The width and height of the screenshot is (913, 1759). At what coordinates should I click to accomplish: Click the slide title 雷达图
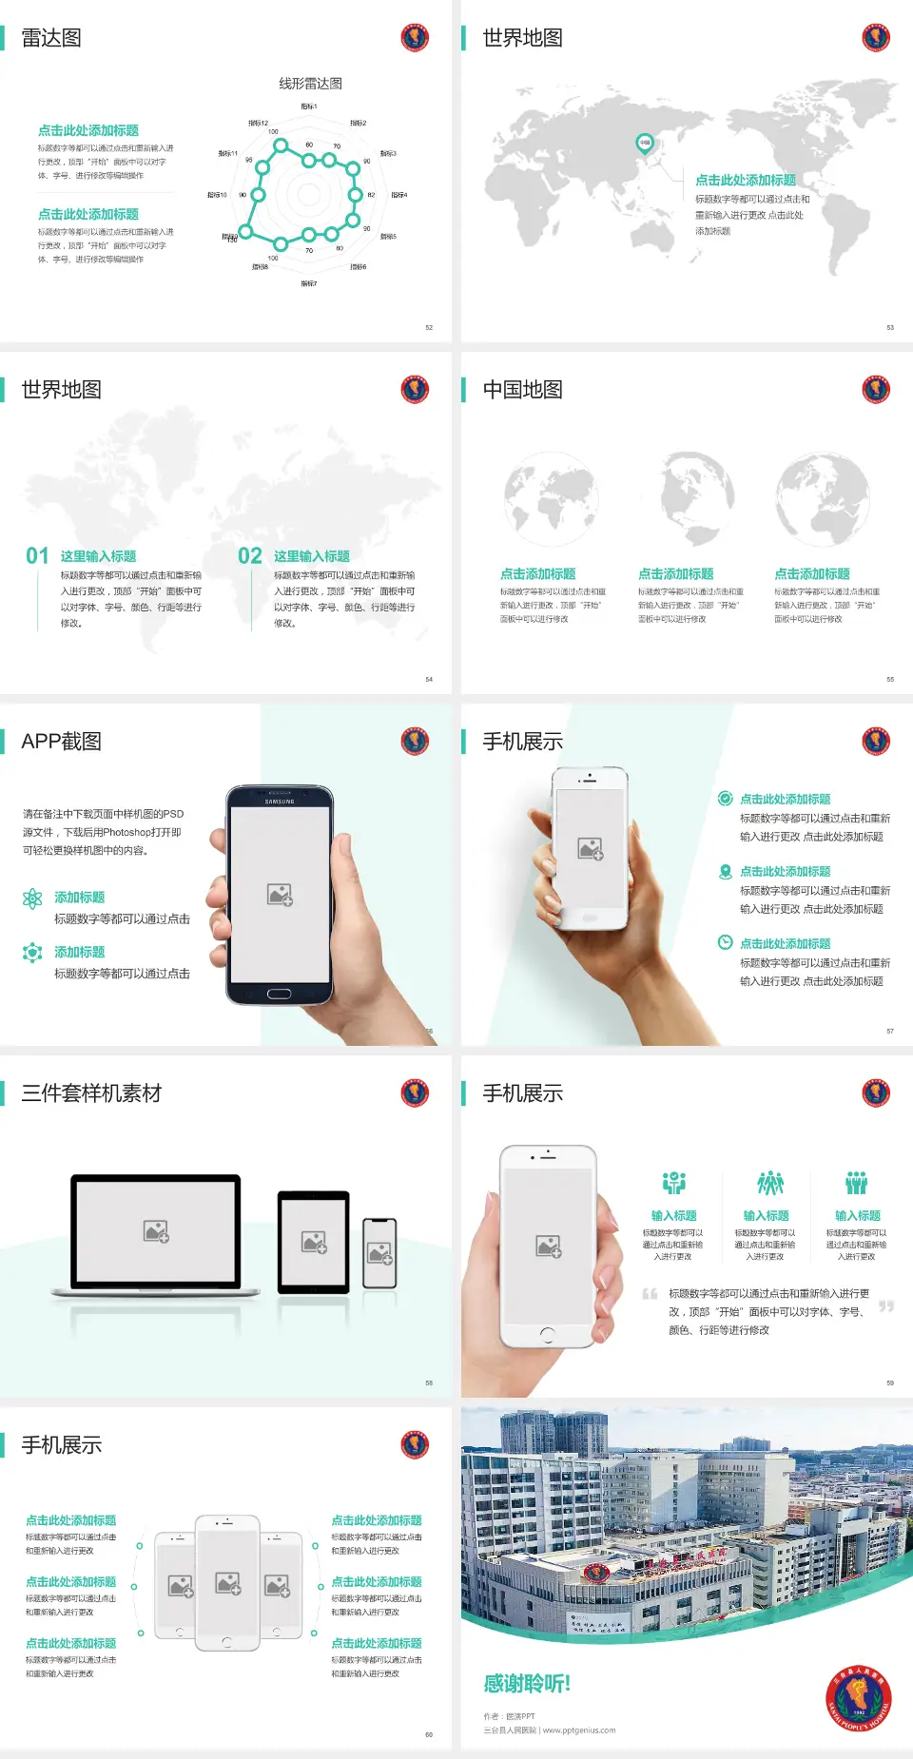(51, 38)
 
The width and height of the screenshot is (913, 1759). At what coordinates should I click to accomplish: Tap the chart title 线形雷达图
(310, 84)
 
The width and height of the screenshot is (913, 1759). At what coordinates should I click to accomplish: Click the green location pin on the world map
(644, 144)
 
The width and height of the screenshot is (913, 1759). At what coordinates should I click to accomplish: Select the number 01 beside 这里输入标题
(37, 556)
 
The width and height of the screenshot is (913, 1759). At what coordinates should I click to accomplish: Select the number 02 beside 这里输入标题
(250, 556)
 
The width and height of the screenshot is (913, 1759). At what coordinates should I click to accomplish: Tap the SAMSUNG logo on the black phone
(280, 802)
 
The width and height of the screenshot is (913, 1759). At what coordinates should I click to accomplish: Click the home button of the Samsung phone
(279, 994)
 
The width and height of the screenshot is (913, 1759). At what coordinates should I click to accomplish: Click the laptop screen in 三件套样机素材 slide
(156, 1230)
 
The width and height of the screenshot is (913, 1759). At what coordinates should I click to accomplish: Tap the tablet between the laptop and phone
(314, 1241)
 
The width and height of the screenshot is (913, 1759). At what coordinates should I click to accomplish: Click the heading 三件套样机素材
(91, 1093)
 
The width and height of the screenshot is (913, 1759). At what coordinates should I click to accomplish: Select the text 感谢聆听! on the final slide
(527, 1684)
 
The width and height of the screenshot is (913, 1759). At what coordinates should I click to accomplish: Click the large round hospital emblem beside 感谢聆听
(859, 1698)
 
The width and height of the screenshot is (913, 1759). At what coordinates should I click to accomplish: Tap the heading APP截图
(62, 742)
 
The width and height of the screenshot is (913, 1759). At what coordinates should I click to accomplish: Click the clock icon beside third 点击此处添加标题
(725, 942)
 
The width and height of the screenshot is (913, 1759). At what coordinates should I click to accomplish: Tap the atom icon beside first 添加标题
(32, 899)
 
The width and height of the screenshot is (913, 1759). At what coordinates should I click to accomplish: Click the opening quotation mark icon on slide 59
(650, 1294)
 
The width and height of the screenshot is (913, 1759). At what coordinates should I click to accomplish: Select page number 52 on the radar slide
(429, 327)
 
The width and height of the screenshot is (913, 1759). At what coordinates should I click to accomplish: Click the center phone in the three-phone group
(227, 1582)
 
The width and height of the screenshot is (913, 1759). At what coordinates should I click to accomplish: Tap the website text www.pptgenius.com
(579, 1730)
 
